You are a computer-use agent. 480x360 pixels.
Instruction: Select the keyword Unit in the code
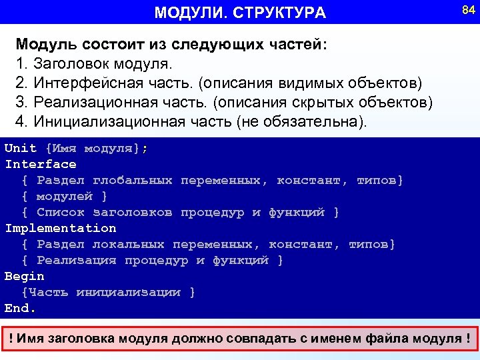21,148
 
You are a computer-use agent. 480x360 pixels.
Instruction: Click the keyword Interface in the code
41,164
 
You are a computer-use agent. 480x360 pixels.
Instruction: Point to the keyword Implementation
61,228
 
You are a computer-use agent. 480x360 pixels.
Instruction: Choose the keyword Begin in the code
25,276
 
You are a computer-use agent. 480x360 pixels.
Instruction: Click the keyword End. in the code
21,308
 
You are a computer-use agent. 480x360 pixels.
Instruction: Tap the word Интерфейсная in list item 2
80,83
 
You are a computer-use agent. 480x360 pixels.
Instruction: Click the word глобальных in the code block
133,180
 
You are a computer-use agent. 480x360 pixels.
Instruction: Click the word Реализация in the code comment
77,260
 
